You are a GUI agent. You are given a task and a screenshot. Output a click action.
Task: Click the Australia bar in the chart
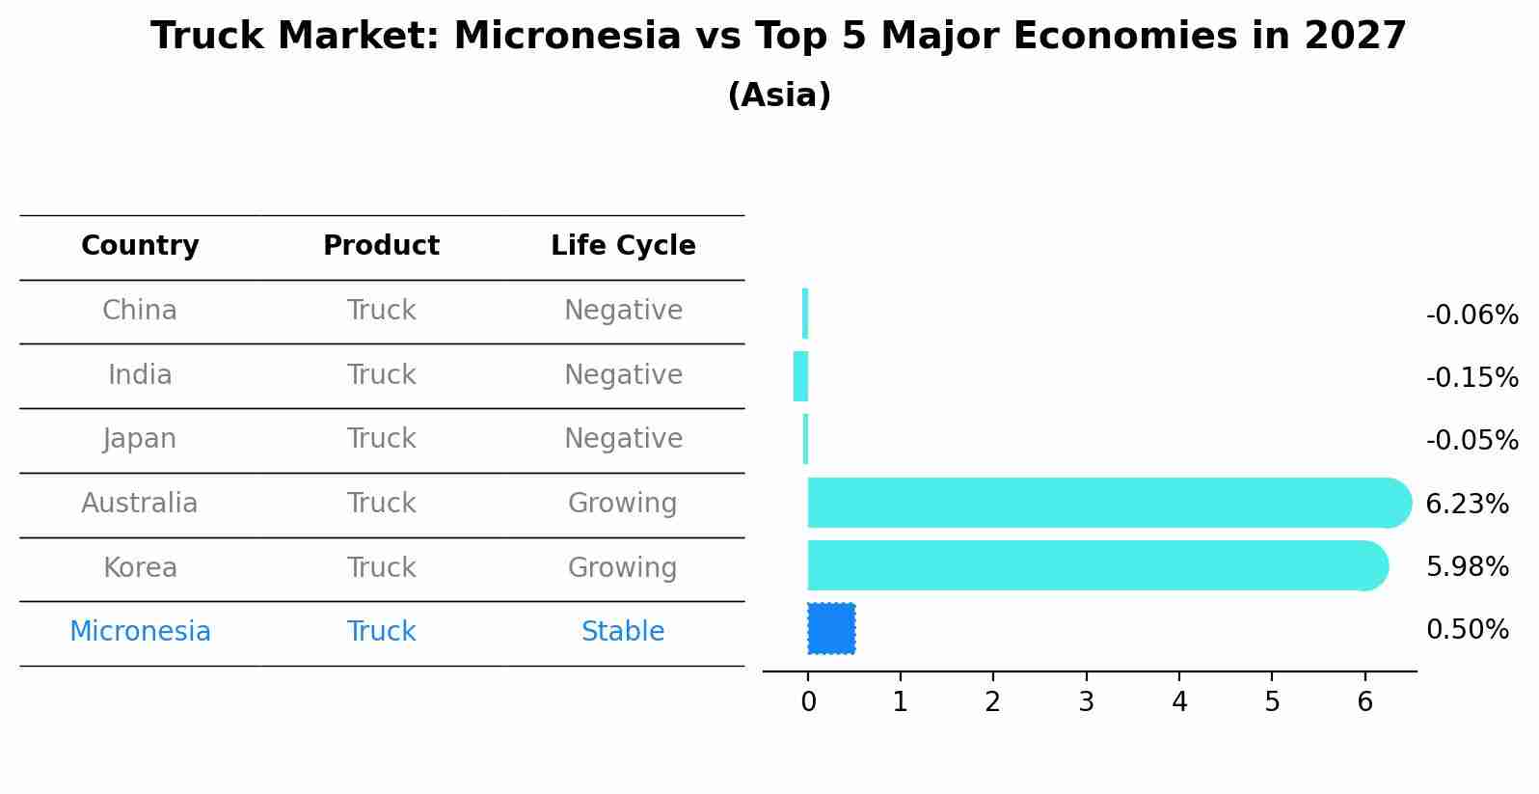[x=1109, y=503]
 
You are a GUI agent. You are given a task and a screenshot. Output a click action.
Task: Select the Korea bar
[x=1098, y=565]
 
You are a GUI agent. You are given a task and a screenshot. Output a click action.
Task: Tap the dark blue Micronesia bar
[x=831, y=628]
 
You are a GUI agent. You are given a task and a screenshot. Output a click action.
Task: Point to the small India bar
[x=800, y=376]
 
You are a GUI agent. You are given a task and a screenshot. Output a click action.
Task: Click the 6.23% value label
[x=1468, y=504]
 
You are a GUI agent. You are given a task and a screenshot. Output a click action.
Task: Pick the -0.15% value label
[x=1472, y=377]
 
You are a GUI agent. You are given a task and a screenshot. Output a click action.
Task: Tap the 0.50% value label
[x=1468, y=629]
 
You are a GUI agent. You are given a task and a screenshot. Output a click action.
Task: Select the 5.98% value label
[x=1468, y=566]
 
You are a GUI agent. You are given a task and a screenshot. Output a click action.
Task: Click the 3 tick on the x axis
[x=1086, y=701]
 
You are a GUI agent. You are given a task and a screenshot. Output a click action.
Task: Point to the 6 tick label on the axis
[x=1364, y=701]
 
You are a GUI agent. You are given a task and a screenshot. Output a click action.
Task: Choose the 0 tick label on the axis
[x=809, y=701]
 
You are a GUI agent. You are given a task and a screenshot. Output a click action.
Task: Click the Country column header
[x=140, y=245]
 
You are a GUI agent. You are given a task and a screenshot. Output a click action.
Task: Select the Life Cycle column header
[x=623, y=245]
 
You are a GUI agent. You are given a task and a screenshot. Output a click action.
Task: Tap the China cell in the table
[x=140, y=310]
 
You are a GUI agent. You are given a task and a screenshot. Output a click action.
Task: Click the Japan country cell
[x=140, y=439]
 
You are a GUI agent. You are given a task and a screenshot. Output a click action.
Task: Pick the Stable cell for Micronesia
[x=623, y=631]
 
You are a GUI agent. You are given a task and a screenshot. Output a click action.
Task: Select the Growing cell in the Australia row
[x=623, y=504]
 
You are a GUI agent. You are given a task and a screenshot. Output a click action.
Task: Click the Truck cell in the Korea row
[x=381, y=567]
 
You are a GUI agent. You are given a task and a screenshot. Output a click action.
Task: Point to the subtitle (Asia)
[x=779, y=95]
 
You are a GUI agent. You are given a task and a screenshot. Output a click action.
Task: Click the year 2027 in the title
[x=1355, y=36]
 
